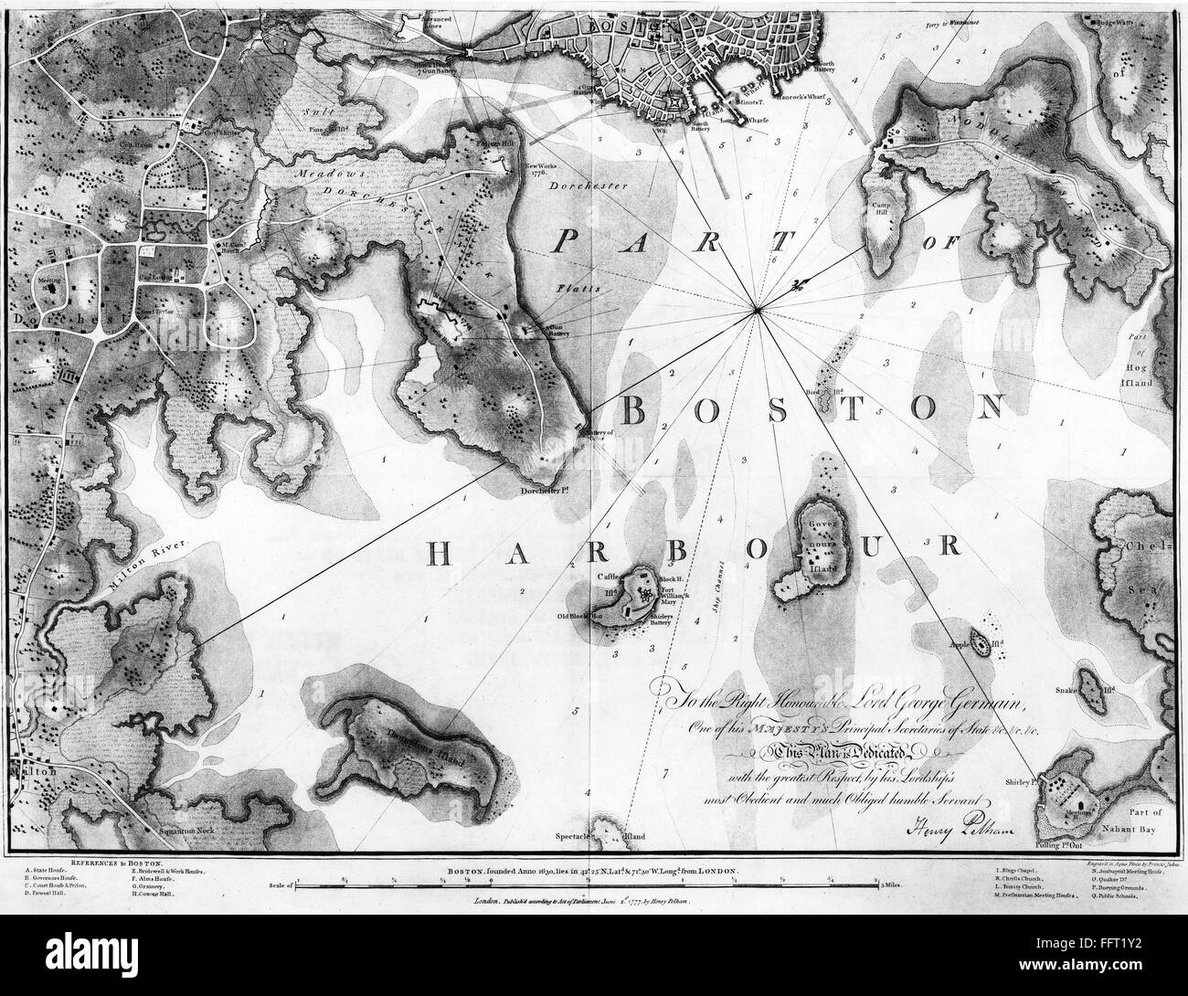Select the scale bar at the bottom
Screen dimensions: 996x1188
[585, 885]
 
